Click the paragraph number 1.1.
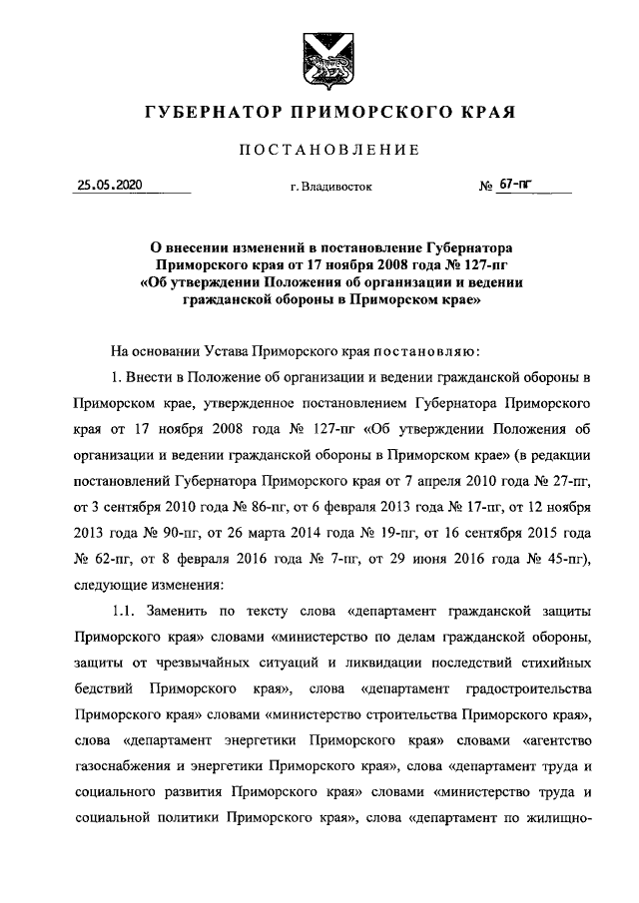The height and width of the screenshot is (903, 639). (127, 612)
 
